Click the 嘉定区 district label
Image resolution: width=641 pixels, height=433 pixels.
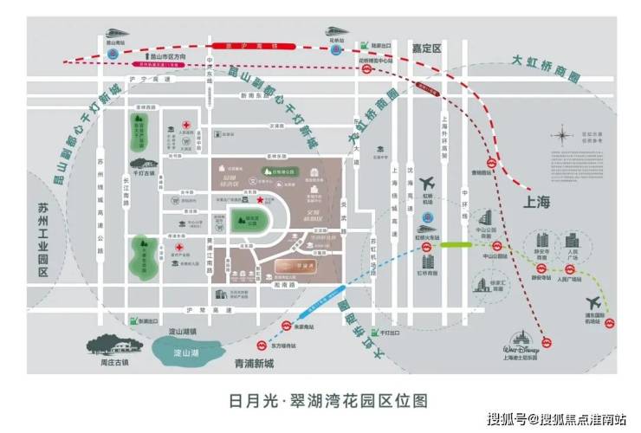pos(426,48)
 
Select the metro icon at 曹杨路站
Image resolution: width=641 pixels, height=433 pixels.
pos(489,161)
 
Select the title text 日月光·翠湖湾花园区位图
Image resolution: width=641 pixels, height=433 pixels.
pos(319,400)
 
